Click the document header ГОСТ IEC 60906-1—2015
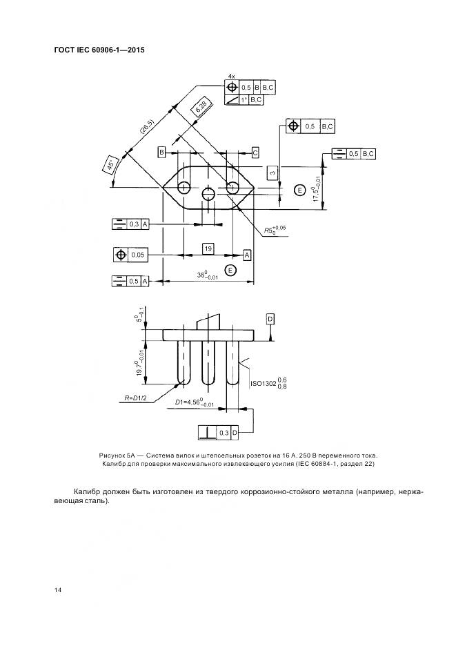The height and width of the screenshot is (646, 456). [98, 50]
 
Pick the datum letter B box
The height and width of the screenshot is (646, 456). [161, 151]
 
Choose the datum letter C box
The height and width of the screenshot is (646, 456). [255, 151]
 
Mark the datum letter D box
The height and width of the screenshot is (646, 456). [270, 318]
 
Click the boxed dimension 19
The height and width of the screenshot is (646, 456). [208, 247]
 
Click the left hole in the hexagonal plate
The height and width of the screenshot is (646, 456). [184, 188]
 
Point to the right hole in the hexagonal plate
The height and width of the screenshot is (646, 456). [232, 188]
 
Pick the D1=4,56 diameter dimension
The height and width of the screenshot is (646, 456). [194, 402]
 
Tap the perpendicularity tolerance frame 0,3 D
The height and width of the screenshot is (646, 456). [219, 433]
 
